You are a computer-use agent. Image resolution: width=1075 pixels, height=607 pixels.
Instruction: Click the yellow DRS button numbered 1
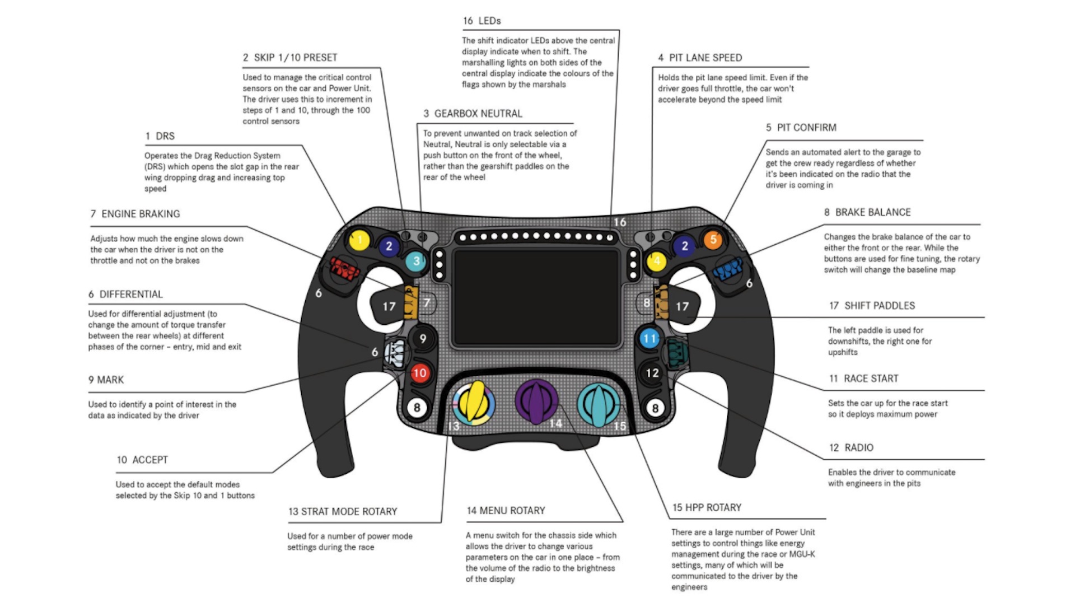[359, 240]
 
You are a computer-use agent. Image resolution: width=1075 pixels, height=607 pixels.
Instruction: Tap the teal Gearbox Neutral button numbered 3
[415, 260]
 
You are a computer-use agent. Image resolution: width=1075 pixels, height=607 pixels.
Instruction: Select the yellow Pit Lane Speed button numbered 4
[656, 260]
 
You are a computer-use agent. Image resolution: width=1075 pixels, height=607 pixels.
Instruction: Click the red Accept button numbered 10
[419, 373]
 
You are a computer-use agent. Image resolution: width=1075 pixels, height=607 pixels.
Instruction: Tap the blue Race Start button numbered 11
[649, 338]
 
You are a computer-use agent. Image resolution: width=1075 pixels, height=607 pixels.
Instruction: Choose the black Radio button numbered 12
[652, 373]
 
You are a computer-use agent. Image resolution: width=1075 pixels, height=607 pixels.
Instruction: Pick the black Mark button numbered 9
[423, 338]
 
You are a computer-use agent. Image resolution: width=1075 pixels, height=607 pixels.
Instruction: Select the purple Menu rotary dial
[536, 401]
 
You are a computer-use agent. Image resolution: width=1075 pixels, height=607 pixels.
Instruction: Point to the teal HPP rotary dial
[599, 403]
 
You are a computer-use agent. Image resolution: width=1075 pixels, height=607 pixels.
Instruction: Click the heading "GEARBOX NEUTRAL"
[478, 114]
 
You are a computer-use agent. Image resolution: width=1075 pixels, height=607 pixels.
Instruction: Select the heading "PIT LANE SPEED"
[705, 58]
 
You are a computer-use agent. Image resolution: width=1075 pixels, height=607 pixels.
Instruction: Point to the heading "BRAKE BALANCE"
[873, 212]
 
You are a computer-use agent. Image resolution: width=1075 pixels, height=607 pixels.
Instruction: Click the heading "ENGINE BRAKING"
[141, 214]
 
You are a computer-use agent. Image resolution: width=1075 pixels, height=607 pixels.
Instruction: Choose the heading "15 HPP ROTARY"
[707, 507]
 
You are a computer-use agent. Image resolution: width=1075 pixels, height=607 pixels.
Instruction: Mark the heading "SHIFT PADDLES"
[879, 306]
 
